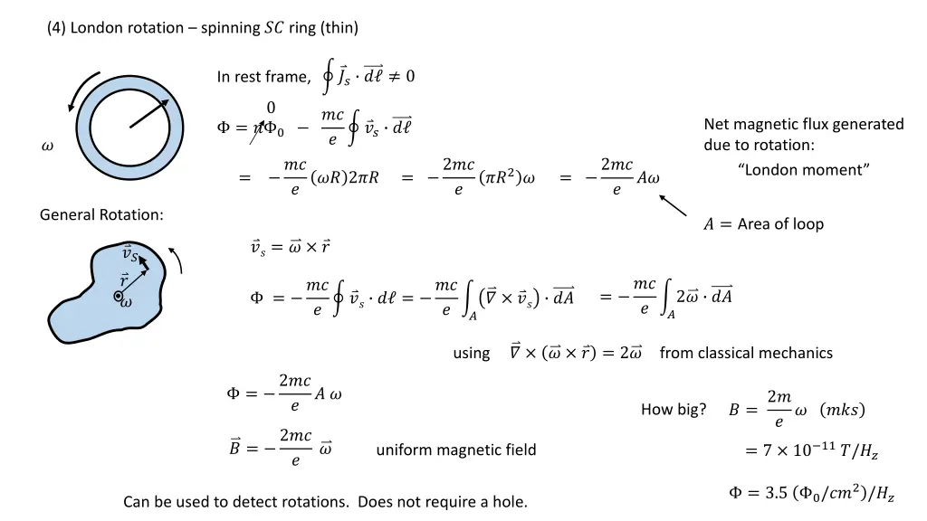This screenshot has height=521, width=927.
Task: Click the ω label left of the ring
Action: pos(48,147)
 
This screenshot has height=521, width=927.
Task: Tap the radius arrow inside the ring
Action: pos(149,113)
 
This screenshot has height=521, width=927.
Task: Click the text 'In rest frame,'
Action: pos(263,77)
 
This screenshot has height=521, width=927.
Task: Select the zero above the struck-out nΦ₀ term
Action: pos(271,108)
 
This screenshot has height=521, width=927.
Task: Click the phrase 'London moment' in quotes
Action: pos(803,169)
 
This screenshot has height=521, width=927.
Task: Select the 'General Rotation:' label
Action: pos(101,214)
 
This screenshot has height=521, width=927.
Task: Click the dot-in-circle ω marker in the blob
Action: pos(120,296)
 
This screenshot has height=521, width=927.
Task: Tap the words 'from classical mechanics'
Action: pos(746,353)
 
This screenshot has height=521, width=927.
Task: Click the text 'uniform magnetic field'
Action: pos(456,450)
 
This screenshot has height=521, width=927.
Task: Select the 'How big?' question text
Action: pos(674,410)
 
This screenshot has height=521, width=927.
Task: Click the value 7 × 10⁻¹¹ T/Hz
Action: pos(819,450)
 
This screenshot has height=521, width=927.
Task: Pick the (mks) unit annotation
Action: pos(841,410)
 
